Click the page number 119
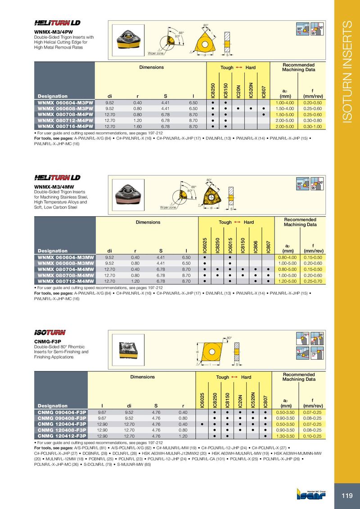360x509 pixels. (x=347, y=496)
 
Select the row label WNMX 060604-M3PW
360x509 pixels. (x=65, y=103)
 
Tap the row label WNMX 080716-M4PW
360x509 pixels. (x=65, y=126)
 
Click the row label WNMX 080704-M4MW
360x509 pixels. (x=66, y=269)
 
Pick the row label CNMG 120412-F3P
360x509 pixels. (x=62, y=436)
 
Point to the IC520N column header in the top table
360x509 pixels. (x=251, y=89)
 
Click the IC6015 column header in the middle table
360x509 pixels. (x=230, y=245)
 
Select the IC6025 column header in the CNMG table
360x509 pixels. (x=202, y=400)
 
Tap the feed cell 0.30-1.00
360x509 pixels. (x=312, y=126)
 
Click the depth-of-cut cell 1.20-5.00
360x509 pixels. (x=288, y=281)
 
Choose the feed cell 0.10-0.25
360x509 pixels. (x=312, y=436)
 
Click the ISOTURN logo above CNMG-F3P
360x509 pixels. (x=50, y=332)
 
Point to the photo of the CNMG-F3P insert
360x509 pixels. (x=128, y=350)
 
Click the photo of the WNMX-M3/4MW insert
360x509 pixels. (x=128, y=195)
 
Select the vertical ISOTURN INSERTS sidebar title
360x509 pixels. (x=347, y=72)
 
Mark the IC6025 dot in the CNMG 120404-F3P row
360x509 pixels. (x=202, y=424)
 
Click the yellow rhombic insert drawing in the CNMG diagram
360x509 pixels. (x=211, y=352)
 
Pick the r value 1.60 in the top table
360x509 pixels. (x=137, y=126)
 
